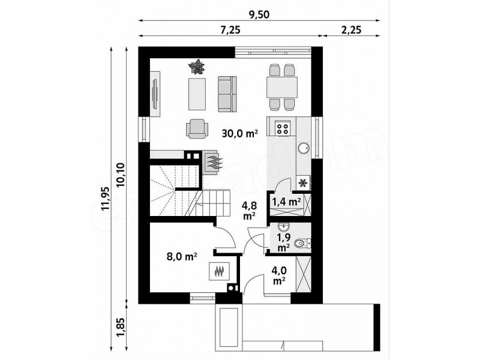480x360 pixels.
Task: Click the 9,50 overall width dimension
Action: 259,14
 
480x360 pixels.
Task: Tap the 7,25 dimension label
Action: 230,29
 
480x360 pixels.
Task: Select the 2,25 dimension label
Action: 351,29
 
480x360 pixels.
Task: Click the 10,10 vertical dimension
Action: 121,175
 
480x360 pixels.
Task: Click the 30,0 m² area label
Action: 240,134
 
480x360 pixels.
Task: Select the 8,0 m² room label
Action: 182,257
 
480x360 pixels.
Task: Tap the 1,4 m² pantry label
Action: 286,202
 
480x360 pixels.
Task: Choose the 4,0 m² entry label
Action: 279,275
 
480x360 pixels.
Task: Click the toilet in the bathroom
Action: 302,244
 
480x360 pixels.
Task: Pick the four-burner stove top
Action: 282,128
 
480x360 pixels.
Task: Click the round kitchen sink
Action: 304,148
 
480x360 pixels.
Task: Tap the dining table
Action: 282,87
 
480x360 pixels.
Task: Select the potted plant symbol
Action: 196,67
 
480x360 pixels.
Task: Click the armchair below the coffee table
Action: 197,128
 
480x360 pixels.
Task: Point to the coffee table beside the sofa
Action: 197,94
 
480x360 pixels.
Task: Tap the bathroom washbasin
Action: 283,227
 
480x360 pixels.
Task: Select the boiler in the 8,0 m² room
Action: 219,271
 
